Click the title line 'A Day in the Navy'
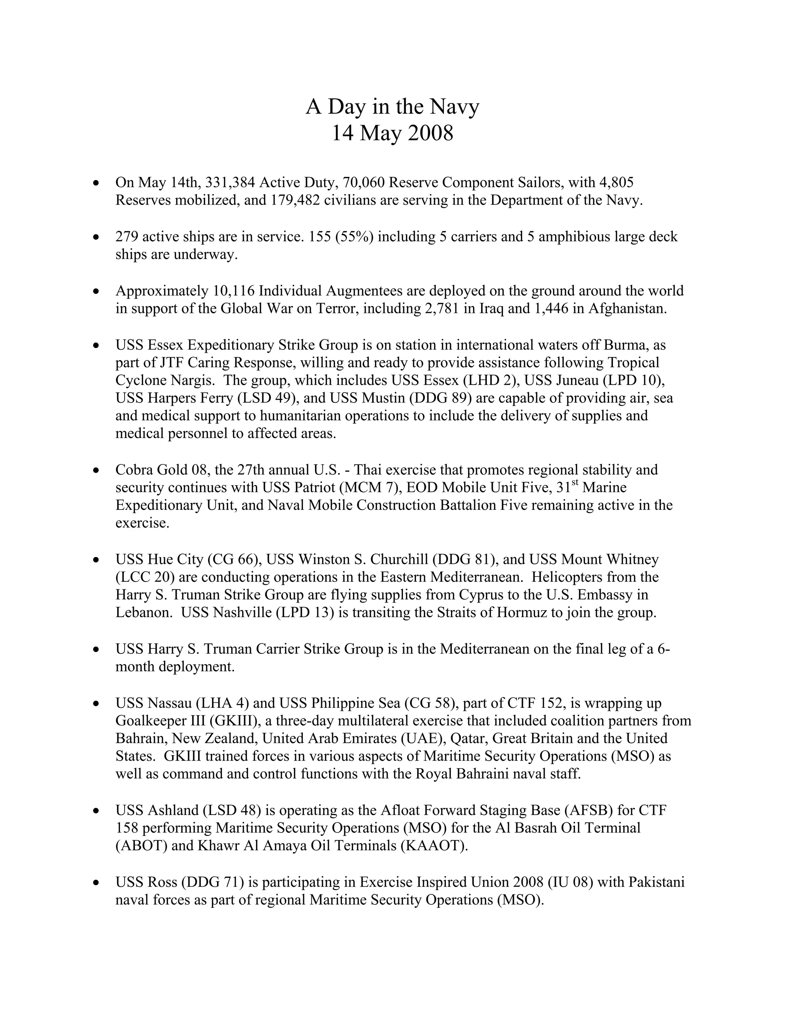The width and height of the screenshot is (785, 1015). coord(392,107)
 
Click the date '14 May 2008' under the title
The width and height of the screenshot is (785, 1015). coord(392,133)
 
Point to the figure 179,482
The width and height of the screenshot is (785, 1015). coord(297,200)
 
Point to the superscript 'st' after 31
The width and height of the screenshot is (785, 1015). coord(575,483)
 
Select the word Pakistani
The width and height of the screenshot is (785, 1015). coord(656,882)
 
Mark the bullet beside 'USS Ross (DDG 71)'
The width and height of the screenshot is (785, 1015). coord(96,882)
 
